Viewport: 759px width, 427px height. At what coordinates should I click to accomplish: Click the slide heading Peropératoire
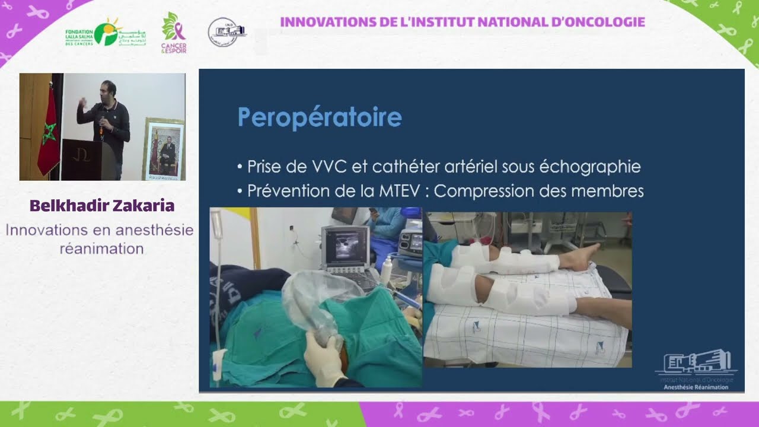click(320, 117)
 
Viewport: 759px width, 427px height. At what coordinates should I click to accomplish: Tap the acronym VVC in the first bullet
click(326, 167)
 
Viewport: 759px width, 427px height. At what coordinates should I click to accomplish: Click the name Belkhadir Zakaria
click(101, 206)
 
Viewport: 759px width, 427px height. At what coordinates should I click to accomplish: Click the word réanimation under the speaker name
click(101, 248)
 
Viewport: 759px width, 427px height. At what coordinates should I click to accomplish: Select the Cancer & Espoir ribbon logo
click(173, 33)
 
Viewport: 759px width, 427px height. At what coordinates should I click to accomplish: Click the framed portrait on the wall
click(163, 149)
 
